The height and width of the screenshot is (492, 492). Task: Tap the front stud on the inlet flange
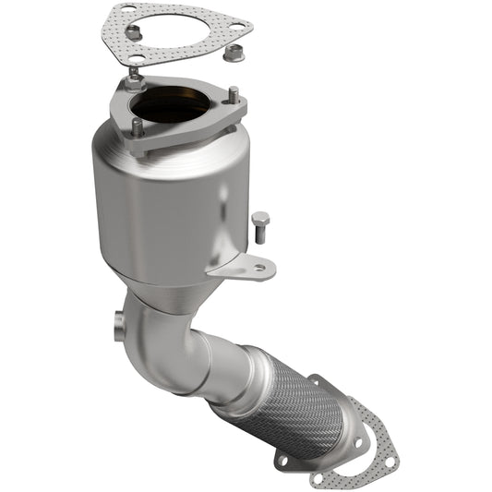[x=137, y=127]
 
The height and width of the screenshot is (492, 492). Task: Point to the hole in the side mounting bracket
[x=259, y=268]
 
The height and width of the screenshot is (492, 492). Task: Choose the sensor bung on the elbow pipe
[x=118, y=325]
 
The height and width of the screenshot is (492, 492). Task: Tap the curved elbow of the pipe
[x=166, y=342]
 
